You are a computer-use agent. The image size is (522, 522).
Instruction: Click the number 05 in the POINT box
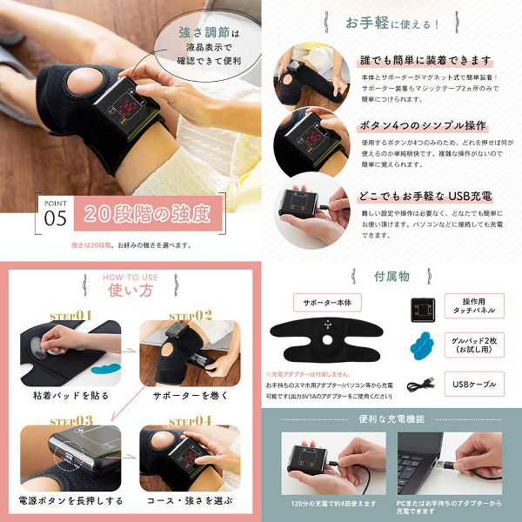click(x=55, y=217)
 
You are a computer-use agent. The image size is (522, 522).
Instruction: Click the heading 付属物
click(x=391, y=276)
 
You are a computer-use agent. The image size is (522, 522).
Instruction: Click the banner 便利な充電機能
click(x=391, y=418)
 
